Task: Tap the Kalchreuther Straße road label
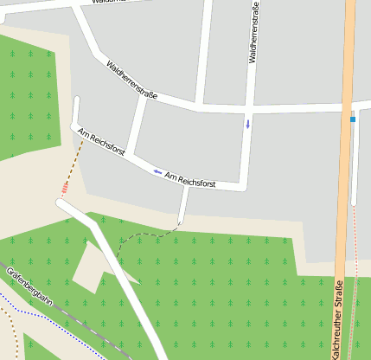click(336, 319)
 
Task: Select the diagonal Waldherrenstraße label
click(131, 80)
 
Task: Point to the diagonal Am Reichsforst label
click(101, 142)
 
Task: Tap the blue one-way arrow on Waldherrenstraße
click(248, 124)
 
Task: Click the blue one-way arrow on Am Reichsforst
click(157, 171)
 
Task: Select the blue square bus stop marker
click(353, 119)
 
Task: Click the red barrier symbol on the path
click(65, 188)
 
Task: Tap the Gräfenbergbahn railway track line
click(78, 320)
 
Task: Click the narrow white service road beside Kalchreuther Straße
click(354, 164)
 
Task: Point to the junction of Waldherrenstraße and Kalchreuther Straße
click(349, 107)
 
